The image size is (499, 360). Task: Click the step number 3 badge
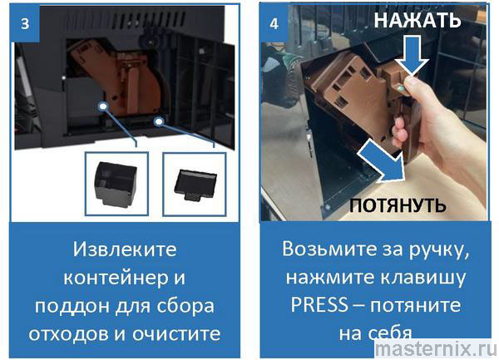coord(25,23)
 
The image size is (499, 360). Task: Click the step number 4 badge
coord(274,23)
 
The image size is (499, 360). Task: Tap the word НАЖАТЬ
coord(417,20)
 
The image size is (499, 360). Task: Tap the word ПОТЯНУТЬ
coord(398,205)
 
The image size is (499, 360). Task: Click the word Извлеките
coord(125,249)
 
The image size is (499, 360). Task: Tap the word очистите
coord(176,334)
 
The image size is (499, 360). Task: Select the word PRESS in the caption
coord(319,305)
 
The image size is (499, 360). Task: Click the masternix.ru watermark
coord(436,349)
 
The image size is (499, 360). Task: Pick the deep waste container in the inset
coord(116,184)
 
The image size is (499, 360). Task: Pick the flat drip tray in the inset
coord(195,185)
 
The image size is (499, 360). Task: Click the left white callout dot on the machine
coord(103,106)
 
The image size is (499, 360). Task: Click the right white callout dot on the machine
coord(159,121)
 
